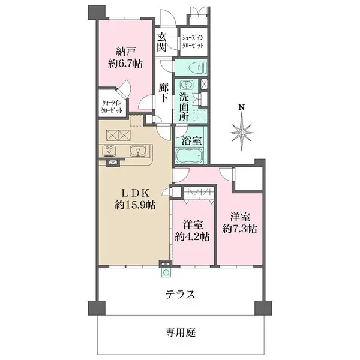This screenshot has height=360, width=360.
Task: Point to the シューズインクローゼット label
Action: point(193,41)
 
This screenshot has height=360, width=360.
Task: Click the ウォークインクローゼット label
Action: point(112,106)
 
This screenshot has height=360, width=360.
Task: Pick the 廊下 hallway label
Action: point(163,94)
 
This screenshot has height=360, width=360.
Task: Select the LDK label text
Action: point(136,193)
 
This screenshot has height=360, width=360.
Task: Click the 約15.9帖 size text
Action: point(136,205)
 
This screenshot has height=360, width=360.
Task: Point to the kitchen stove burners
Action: point(111,151)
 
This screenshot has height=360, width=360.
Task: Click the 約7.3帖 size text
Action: point(239,228)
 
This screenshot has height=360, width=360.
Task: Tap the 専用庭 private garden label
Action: point(181,331)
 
